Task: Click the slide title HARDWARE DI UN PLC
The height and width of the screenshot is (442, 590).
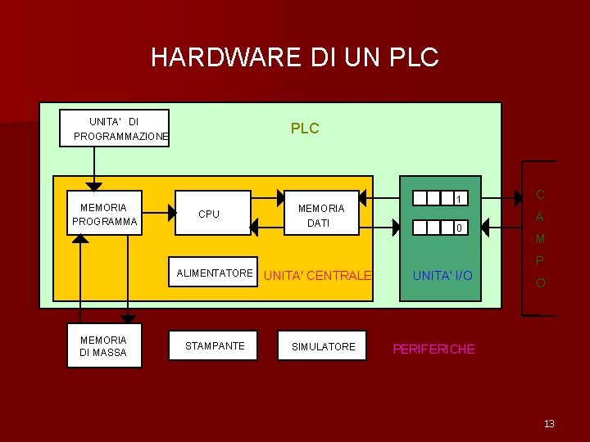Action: [295, 57]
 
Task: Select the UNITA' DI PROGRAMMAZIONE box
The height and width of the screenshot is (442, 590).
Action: [115, 129]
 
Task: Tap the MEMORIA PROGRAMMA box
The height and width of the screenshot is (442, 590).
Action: [103, 214]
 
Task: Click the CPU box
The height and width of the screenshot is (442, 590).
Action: [214, 214]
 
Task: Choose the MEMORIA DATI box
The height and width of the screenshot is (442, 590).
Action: [320, 214]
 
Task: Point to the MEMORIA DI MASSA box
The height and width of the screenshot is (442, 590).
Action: [103, 345]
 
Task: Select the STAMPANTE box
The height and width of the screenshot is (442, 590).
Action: [214, 346]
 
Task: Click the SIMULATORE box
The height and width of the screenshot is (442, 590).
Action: [324, 346]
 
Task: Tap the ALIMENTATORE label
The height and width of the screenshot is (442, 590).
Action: [215, 273]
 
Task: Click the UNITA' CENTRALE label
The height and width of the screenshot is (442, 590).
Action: [318, 276]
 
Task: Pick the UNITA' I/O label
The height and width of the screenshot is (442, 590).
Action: [442, 276]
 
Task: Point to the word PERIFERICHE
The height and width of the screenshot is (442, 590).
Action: [433, 349]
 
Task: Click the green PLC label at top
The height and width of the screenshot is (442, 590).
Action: [305, 129]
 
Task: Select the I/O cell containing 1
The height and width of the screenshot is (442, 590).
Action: [461, 199]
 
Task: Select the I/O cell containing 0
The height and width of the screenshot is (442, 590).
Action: [461, 228]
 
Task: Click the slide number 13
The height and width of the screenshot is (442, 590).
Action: [549, 423]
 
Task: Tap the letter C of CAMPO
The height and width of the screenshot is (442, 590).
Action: [539, 195]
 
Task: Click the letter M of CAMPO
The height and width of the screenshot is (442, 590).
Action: [539, 240]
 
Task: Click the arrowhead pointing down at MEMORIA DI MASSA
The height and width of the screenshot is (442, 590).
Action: [127, 319]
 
